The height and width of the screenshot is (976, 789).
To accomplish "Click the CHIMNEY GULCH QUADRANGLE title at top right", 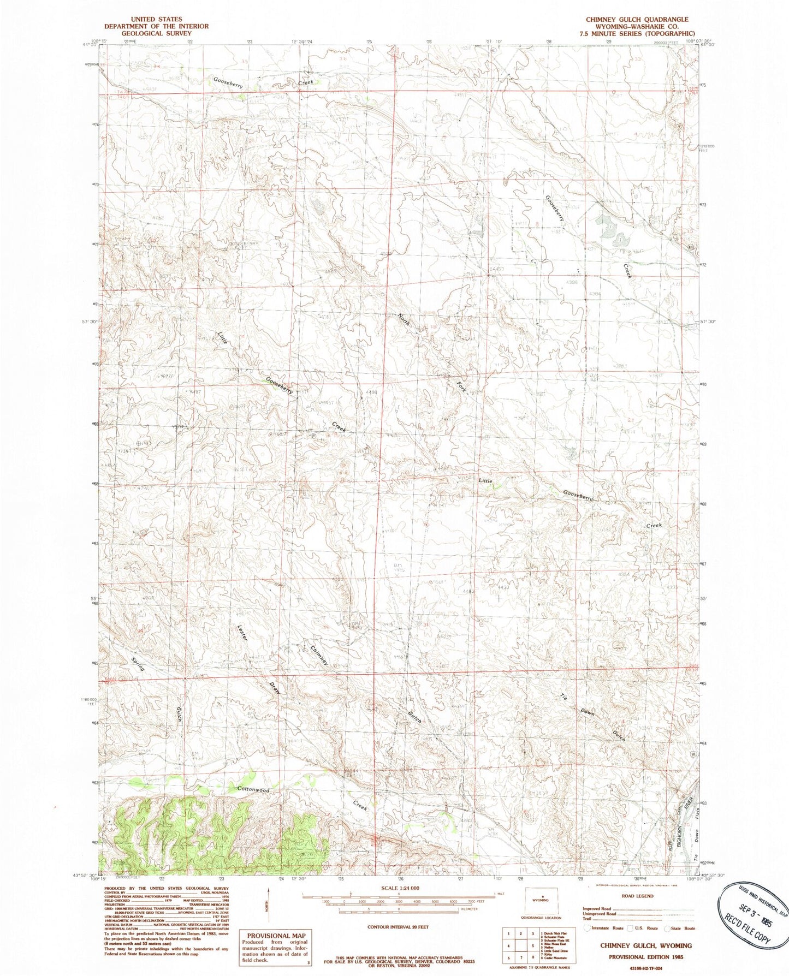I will (x=637, y=19).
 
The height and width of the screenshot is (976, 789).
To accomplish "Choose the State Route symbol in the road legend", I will (x=668, y=928).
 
